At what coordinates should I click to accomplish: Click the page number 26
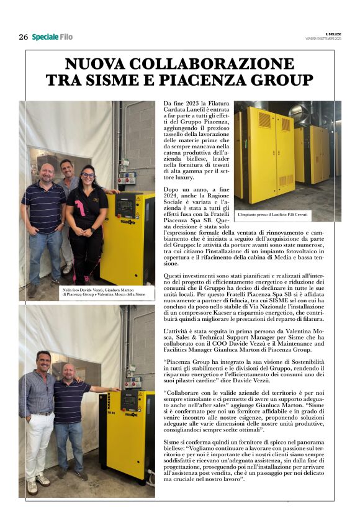[23, 37]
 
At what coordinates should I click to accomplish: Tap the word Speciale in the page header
[45, 37]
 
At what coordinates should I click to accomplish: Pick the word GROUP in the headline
[280, 80]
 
